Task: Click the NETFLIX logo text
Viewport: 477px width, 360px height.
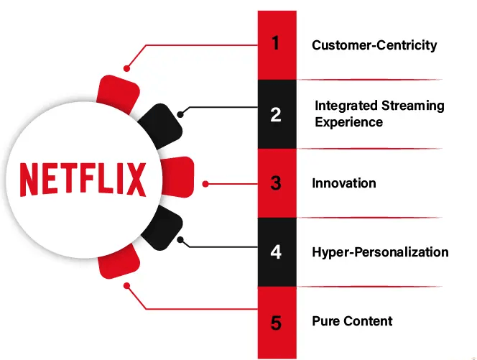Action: point(83,179)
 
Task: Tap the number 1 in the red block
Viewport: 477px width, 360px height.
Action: point(276,44)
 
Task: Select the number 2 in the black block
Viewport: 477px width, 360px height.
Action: point(276,114)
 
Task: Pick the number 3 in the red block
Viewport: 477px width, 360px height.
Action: point(276,183)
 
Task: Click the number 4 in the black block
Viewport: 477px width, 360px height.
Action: point(276,252)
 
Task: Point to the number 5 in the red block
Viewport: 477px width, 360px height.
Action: point(276,322)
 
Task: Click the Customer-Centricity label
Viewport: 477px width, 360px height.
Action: point(374,45)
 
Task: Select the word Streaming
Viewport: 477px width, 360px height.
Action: point(412,106)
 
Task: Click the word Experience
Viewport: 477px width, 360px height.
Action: point(348,122)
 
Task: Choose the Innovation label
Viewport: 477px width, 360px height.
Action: point(343,183)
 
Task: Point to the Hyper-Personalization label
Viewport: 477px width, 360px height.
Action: point(380,252)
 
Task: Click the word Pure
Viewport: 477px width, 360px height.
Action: point(325,320)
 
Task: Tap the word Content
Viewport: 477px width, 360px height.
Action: point(367,320)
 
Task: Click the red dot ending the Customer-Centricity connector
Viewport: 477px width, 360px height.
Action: point(126,69)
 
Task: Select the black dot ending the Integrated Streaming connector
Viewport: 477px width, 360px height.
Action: point(181,114)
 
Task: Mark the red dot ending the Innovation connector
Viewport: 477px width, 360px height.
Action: point(205,184)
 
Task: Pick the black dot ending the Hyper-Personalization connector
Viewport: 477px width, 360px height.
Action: point(181,239)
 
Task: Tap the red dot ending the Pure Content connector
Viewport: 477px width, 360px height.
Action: point(126,286)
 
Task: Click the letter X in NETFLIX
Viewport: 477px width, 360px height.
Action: point(135,179)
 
